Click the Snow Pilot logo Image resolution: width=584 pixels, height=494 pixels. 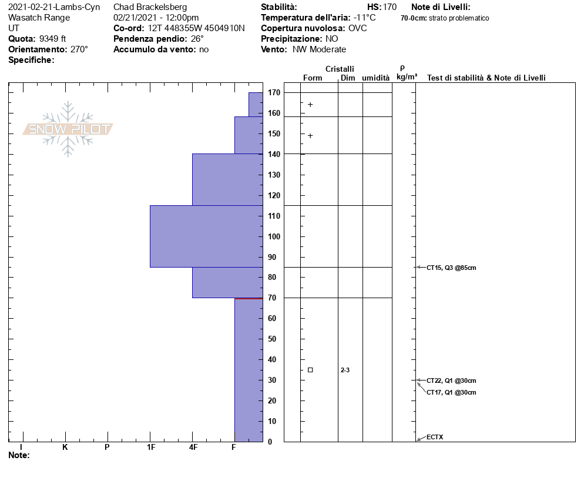coord(68,129)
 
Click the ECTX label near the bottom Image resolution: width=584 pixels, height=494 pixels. coord(435,437)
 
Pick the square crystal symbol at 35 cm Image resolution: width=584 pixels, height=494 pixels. coord(310,370)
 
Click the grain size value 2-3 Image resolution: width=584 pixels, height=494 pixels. coord(345,370)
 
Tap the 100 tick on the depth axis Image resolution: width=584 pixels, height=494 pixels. coord(273,236)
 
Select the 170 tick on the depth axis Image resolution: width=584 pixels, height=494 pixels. coord(273,92)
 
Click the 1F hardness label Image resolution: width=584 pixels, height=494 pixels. coord(151,448)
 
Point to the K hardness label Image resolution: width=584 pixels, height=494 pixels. coord(65,448)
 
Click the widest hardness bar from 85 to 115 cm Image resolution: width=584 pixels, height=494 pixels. coord(206,236)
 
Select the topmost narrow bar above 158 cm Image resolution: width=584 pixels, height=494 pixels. coord(256,104)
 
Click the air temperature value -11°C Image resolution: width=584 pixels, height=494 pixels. coord(364,18)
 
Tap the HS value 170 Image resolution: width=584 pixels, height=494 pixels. coord(390,7)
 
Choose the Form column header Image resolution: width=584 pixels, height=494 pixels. coord(313,78)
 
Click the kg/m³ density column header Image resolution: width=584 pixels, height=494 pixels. coord(407,77)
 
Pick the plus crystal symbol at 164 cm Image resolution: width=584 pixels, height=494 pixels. coord(310,105)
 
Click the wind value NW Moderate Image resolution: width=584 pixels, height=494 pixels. coord(320,49)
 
